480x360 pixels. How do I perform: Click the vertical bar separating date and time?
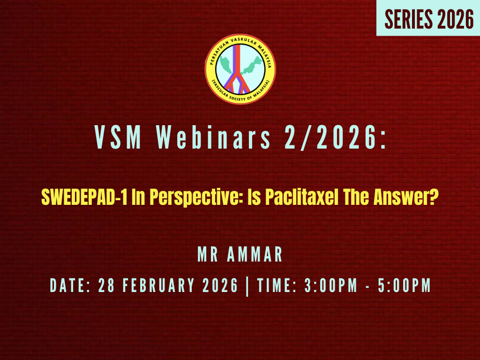pos(247,286)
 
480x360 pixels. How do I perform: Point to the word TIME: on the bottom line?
pos(278,286)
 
